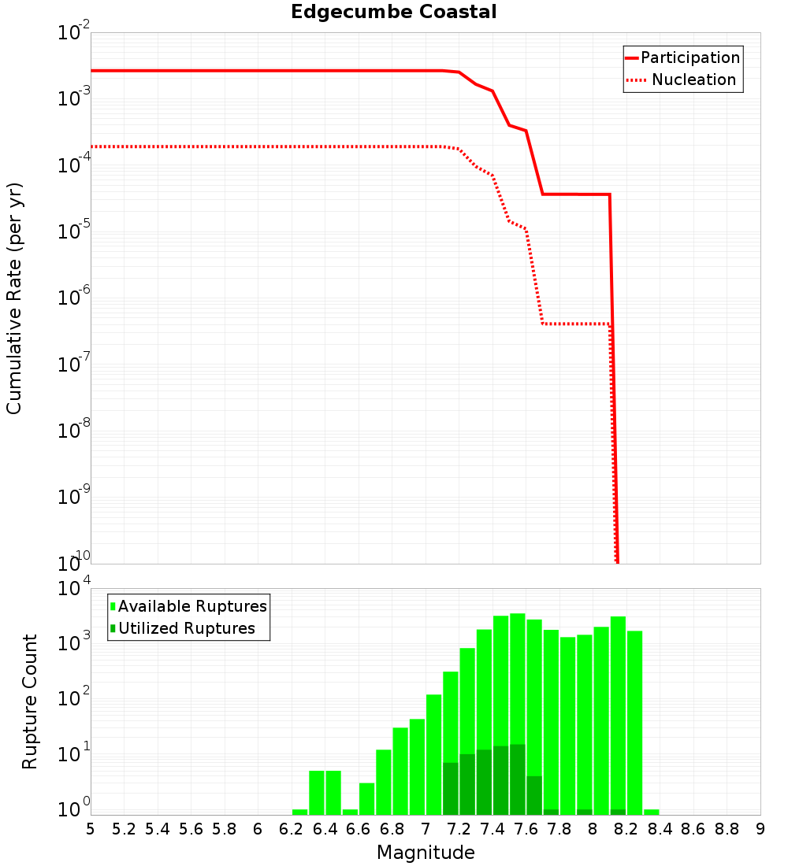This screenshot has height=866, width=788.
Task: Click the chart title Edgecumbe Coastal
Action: click(393, 12)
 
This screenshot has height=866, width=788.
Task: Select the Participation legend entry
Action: click(690, 57)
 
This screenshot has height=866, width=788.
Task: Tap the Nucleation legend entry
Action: click(693, 80)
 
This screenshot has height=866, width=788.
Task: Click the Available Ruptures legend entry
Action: click(192, 606)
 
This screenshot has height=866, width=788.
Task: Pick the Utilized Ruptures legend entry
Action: click(186, 628)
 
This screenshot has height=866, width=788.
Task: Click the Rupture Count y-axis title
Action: click(30, 701)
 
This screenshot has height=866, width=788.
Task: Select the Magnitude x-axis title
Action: click(426, 853)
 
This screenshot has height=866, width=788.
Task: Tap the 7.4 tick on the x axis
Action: click(492, 828)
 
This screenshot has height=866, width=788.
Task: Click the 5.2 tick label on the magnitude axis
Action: click(124, 828)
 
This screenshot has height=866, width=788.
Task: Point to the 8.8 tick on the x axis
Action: click(727, 828)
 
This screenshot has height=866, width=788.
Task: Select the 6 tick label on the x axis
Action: click(258, 828)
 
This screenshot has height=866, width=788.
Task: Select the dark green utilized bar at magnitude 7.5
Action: click(518, 779)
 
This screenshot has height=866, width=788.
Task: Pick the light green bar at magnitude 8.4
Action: click(652, 812)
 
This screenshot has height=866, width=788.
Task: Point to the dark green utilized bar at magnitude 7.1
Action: click(451, 788)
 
